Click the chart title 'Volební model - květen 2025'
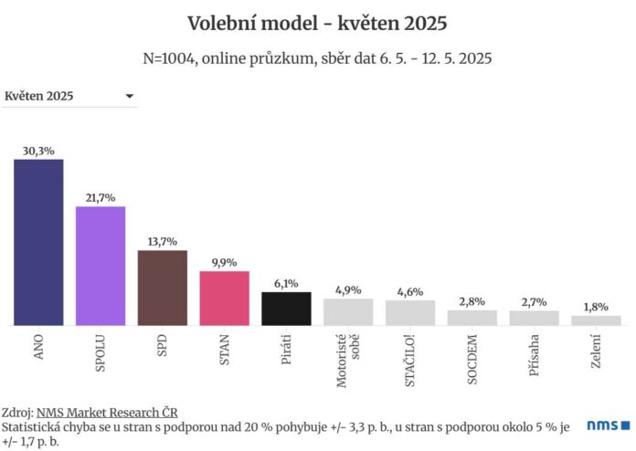[317, 22]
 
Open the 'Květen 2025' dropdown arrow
[130, 96]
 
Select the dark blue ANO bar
[38, 242]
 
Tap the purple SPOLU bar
[101, 266]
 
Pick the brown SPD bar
[162, 288]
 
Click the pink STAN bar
[224, 298]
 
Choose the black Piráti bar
[286, 309]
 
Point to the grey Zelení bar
[596, 320]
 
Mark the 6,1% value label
[286, 284]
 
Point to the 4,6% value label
[410, 291]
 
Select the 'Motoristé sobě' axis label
[348, 362]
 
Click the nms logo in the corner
[609, 425]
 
